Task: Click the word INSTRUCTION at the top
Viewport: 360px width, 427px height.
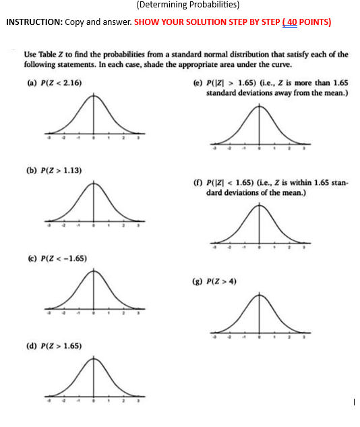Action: [34, 22]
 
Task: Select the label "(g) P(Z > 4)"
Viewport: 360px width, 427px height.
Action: [224, 281]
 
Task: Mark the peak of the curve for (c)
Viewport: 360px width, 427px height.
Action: [94, 271]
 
